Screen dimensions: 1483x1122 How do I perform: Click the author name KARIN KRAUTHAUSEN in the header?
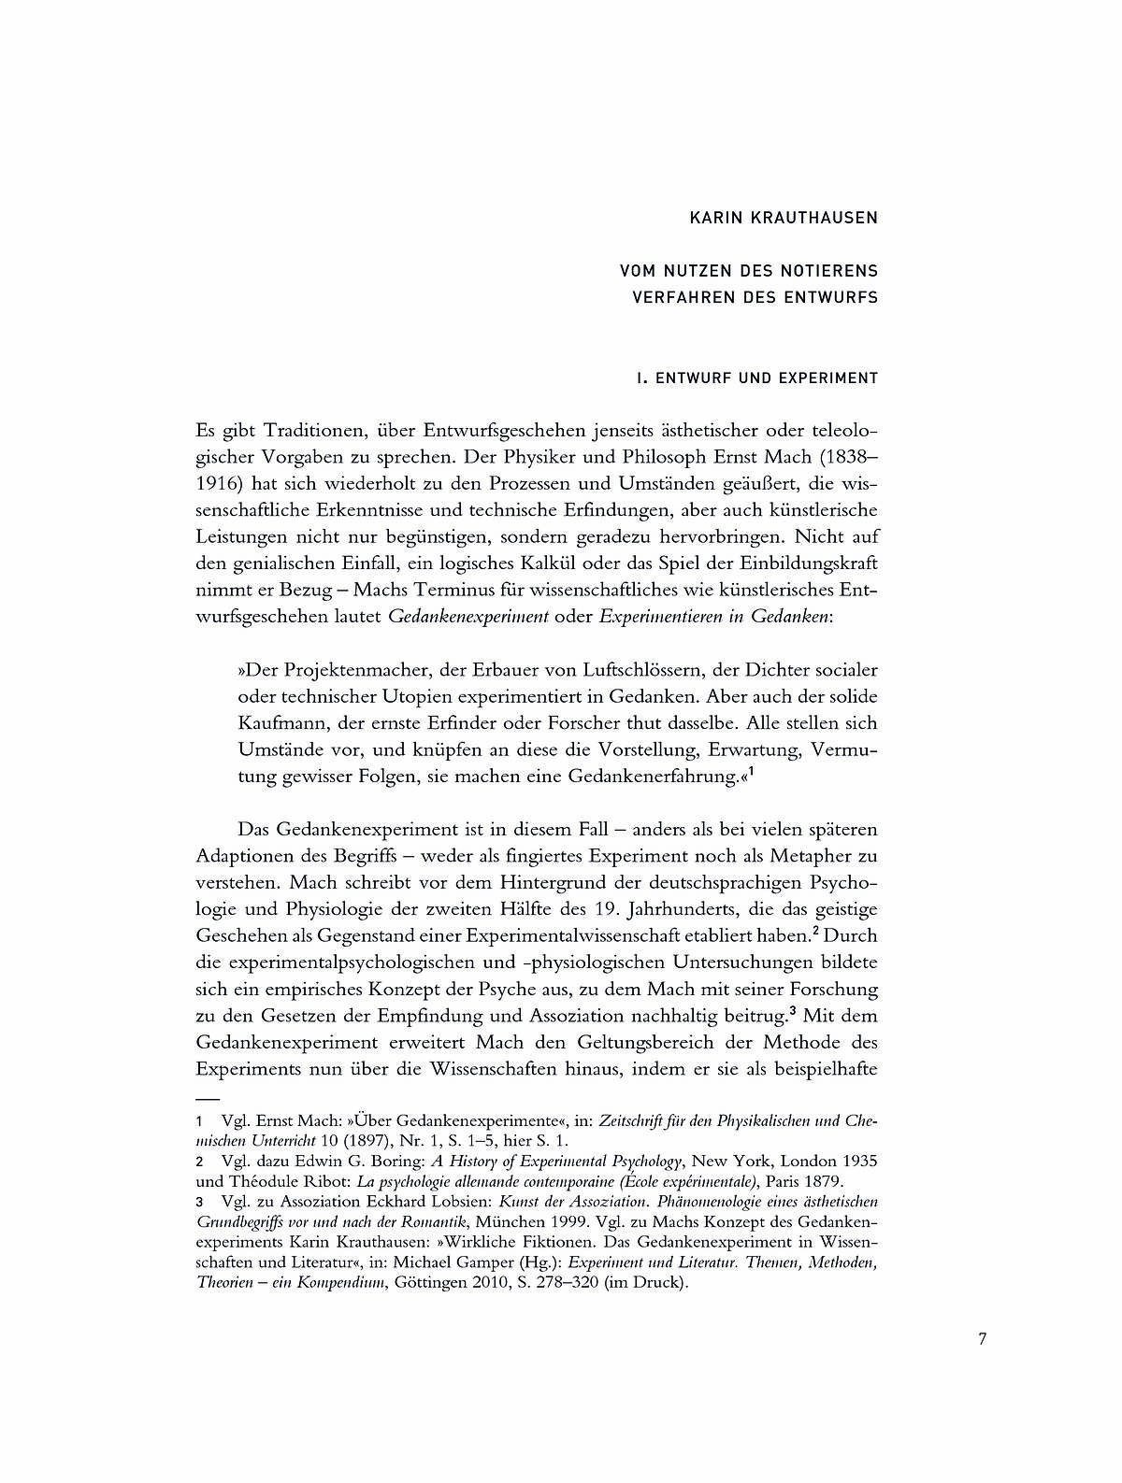pos(784,219)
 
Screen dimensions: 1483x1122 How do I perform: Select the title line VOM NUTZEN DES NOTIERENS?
pos(749,271)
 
